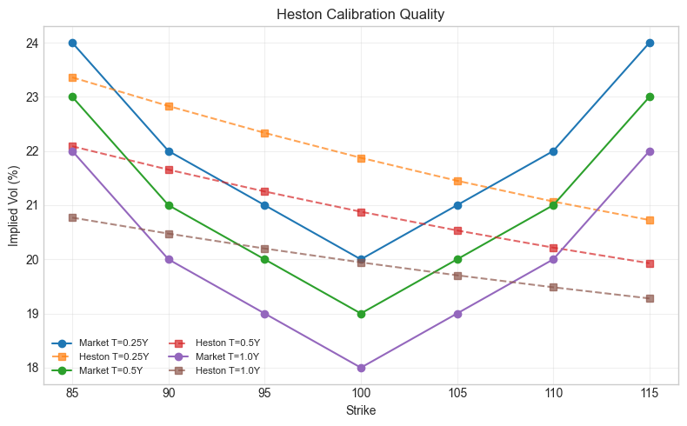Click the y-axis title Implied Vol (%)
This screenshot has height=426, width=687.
[14, 205]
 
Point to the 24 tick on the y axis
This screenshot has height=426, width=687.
[32, 43]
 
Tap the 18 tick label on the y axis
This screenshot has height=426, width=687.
[32, 368]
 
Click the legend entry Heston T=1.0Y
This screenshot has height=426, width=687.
[225, 370]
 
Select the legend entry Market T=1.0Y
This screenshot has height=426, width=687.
[225, 356]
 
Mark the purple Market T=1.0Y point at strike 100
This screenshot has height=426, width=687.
[361, 368]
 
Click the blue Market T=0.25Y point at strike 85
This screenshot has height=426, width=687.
[73, 43]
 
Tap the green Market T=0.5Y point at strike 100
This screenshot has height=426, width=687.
[361, 314]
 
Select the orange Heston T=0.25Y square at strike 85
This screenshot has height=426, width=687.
[73, 77]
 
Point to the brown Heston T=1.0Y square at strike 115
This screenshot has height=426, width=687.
[650, 298]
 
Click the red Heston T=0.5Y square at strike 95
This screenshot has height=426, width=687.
[265, 191]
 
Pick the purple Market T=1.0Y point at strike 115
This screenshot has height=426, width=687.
[650, 151]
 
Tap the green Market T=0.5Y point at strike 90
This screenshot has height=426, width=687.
[169, 205]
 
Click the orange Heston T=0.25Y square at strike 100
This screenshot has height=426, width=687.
[361, 158]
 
